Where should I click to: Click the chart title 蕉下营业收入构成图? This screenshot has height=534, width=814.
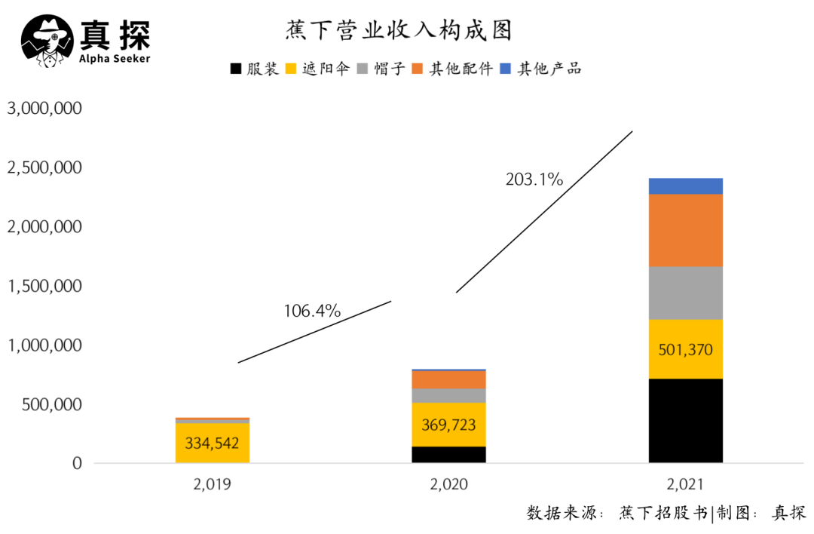399,30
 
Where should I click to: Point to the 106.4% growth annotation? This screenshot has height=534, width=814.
312,311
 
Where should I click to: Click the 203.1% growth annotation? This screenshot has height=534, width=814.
534,180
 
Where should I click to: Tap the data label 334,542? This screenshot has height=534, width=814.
212,442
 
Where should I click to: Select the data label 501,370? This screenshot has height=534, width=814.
685,350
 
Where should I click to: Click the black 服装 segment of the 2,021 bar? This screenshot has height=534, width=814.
685,421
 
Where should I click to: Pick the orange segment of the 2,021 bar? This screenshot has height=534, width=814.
685,230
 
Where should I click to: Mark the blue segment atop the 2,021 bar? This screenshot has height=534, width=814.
685,186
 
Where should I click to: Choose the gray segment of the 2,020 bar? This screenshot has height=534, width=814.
448,396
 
